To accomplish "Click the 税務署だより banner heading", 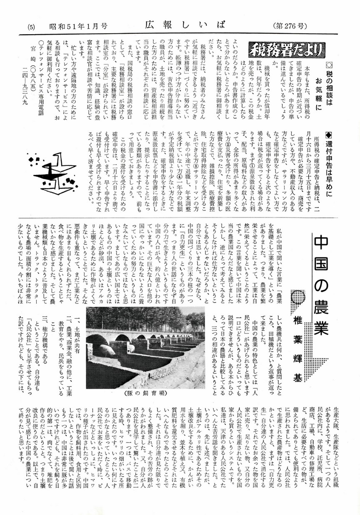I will click(287, 51).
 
